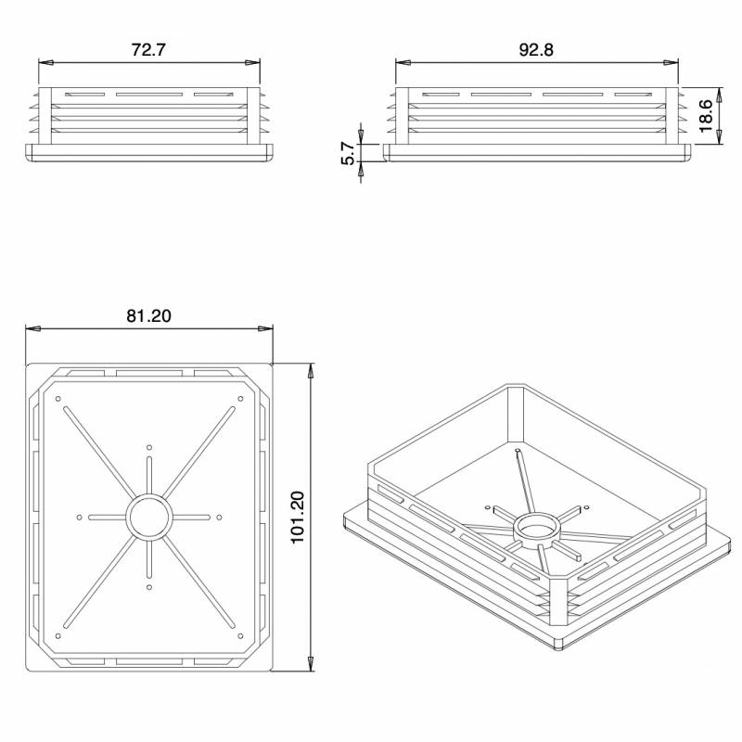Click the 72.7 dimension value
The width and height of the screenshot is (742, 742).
click(148, 50)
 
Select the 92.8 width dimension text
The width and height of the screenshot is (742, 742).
click(536, 50)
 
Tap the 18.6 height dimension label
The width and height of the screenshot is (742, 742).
click(706, 116)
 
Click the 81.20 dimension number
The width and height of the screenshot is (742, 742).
click(148, 316)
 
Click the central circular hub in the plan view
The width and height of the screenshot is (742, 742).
click(149, 518)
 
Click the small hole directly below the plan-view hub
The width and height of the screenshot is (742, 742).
click(149, 588)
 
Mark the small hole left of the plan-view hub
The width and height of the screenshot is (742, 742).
click(80, 518)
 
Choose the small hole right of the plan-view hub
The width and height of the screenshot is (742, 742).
click(220, 518)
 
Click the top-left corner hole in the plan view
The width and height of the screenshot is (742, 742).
click(58, 400)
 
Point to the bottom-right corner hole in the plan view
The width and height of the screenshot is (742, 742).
click(240, 635)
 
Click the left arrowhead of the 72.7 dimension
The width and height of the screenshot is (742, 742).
click(44, 63)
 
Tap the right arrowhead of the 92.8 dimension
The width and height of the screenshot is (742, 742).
click(673, 63)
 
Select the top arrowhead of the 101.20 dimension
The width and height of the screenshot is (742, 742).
click(309, 368)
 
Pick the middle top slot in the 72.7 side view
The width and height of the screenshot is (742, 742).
click(148, 95)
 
